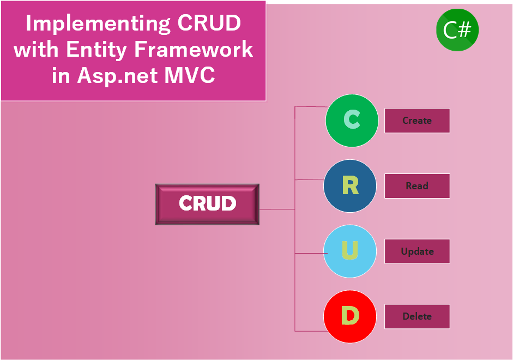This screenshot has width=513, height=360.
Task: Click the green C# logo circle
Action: point(457,30)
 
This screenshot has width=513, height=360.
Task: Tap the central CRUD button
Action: point(207,204)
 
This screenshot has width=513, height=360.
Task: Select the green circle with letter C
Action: point(352,121)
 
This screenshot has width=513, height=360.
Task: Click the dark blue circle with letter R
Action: point(349,186)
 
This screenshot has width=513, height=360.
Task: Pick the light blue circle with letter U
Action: point(349,251)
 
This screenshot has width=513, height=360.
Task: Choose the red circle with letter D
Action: point(349,316)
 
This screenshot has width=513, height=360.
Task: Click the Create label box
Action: point(417,121)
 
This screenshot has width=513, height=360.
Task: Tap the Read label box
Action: point(417,186)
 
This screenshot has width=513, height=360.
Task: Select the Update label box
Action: point(417,251)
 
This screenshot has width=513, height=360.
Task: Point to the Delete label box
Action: point(417,316)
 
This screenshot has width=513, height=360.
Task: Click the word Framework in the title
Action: point(194,50)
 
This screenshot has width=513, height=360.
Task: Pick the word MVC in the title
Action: point(190,76)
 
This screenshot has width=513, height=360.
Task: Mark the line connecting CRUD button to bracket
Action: point(277,209)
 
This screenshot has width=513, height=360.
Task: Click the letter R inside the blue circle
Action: point(350,186)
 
